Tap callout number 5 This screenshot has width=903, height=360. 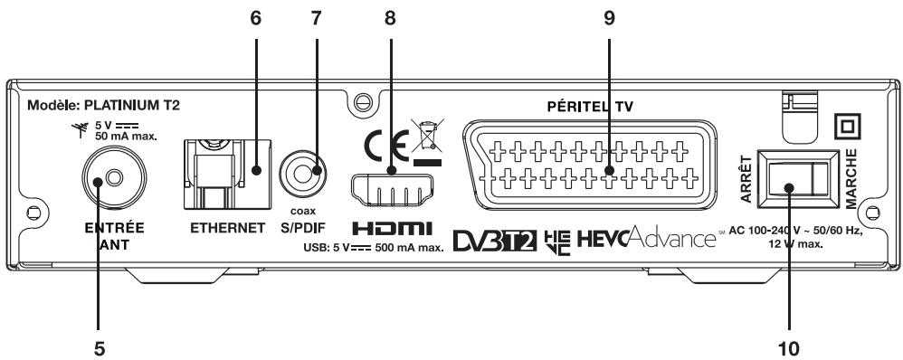(x=112, y=346)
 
